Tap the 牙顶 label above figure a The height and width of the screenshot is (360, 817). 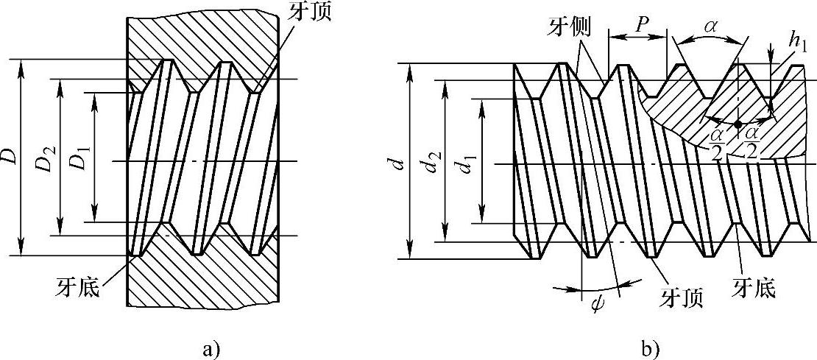point(303,13)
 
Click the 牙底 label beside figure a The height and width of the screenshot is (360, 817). point(77,284)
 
